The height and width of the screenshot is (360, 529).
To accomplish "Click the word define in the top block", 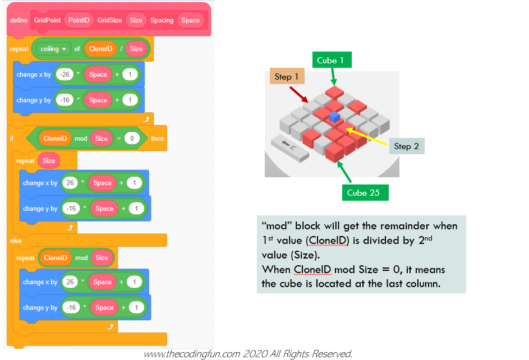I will point(19,20).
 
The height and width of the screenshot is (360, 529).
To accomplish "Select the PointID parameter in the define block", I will point(79,20).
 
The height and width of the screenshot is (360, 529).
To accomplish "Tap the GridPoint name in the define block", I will point(47,20).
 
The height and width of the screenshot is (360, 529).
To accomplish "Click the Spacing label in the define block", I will point(162,20).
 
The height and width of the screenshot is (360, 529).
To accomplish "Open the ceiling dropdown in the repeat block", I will point(53,49).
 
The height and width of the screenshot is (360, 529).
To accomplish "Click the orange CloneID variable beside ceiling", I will point(101,49).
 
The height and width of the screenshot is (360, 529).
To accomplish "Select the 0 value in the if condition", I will point(131,138).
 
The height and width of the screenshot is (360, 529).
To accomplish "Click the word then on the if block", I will point(157,138).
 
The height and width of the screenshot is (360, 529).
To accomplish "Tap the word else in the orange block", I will point(16,241).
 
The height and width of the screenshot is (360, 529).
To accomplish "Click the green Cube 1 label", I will point(326,61).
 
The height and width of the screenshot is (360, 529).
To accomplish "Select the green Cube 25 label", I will point(364,193).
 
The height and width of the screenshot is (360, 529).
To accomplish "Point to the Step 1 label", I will point(287,77).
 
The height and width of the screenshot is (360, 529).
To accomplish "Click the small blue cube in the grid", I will point(334,117).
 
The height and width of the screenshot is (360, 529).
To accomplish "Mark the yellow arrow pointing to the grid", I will point(367,138).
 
